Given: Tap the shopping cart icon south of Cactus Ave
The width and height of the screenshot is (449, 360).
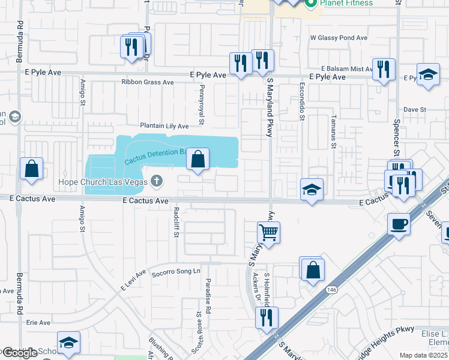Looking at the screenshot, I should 268,232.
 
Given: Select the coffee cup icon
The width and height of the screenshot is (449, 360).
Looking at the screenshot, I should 399,224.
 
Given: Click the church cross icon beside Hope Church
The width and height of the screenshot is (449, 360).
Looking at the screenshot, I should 157,180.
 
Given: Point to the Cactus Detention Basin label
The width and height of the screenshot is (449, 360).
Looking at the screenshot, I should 155,156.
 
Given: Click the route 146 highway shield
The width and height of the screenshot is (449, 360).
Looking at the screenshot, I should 332,290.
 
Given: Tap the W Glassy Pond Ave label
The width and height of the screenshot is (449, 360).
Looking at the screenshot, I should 339,38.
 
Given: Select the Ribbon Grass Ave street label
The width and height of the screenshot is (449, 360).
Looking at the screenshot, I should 147,82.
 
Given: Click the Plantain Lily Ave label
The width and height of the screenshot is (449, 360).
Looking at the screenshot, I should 164,126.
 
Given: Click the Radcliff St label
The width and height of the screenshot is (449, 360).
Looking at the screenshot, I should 176,222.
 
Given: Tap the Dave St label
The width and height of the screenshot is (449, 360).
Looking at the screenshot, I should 414,110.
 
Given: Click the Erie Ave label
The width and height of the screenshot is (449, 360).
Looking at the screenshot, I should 38,322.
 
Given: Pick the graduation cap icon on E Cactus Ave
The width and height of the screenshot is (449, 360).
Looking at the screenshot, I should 312,190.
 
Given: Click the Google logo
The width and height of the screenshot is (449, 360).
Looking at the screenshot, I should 20,353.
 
